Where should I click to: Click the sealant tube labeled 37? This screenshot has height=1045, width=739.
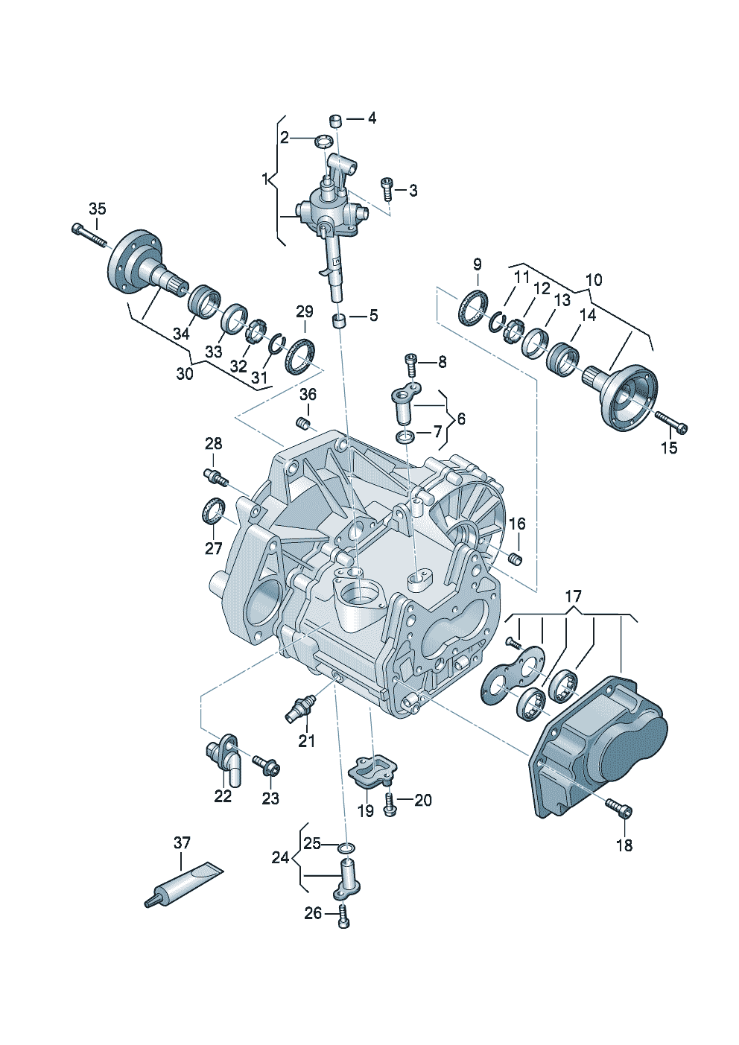pyautogui.click(x=183, y=884)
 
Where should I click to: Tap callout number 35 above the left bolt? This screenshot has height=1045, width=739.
pyautogui.click(x=98, y=209)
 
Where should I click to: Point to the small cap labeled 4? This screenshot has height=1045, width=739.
pyautogui.click(x=336, y=121)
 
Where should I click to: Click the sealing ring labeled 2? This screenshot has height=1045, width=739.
pyautogui.click(x=324, y=141)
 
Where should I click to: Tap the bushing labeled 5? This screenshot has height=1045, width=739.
pyautogui.click(x=340, y=321)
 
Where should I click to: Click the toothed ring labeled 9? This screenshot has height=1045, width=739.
pyautogui.click(x=472, y=308)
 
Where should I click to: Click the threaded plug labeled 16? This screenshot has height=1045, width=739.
pyautogui.click(x=514, y=559)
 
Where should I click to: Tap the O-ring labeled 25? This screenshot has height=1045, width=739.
pyautogui.click(x=346, y=848)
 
